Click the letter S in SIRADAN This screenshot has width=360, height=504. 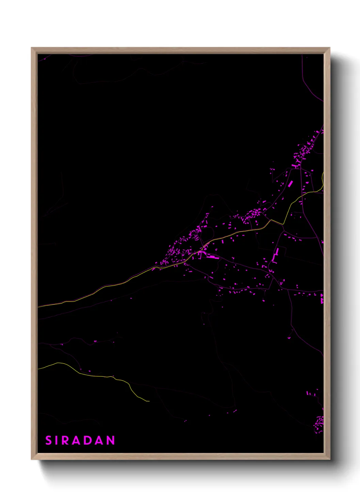48,440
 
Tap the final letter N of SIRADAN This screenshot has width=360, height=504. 111,440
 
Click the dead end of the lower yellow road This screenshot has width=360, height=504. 149,401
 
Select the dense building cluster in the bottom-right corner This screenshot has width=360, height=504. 319,424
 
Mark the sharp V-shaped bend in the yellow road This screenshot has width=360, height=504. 283,224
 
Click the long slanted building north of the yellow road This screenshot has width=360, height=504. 290,184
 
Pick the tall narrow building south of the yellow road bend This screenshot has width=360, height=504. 276,254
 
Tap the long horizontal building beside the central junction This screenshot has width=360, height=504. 212,257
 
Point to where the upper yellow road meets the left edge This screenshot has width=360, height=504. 38,306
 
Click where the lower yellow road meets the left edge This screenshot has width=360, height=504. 38,369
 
